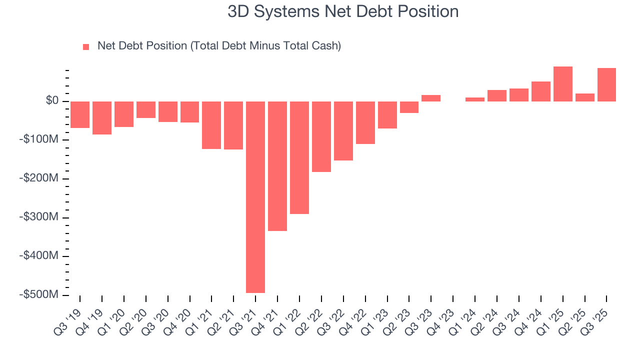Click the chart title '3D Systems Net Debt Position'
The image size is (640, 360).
[343, 11]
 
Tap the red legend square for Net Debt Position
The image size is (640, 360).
[86, 46]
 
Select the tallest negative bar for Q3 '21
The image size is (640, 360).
[255, 197]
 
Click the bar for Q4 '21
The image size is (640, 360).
[277, 166]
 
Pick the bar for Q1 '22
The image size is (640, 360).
[299, 157]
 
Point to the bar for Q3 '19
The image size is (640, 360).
[80, 114]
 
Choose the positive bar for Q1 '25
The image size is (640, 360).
[563, 84]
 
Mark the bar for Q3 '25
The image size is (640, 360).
[606, 84]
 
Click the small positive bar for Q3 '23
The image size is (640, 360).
[431, 98]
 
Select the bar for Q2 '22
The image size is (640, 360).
[321, 136]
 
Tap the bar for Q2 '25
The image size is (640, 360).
[585, 97]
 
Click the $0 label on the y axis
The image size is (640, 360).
[52, 101]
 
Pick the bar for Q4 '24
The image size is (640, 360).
[541, 91]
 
